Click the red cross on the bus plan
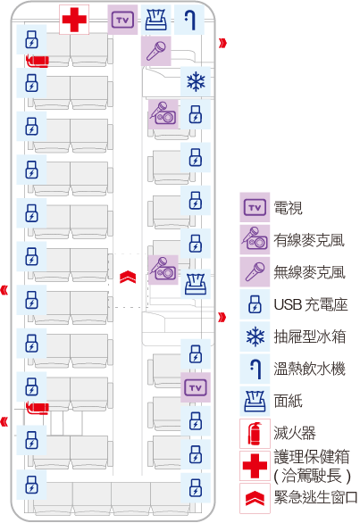coord(74,20)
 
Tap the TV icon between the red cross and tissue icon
coord(122,20)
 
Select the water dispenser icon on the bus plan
coord(189,20)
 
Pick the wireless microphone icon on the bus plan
coord(156,51)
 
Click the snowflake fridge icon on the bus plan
coord(196,82)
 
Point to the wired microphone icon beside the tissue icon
coord(163,270)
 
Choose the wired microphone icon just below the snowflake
coord(163,114)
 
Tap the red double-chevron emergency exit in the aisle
coord(128,277)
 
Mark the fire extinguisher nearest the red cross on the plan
coord(37,61)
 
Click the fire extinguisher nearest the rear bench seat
coord(37,408)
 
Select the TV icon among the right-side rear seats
coord(196,387)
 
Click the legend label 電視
coord(288,208)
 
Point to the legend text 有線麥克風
coord(309,239)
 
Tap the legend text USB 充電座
coord(311,304)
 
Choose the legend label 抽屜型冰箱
coord(310,336)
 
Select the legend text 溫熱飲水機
coord(309,369)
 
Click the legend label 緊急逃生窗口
coord(315,497)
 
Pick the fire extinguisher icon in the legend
coord(255,434)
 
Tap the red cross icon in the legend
coord(255,466)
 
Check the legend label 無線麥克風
coord(309,272)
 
